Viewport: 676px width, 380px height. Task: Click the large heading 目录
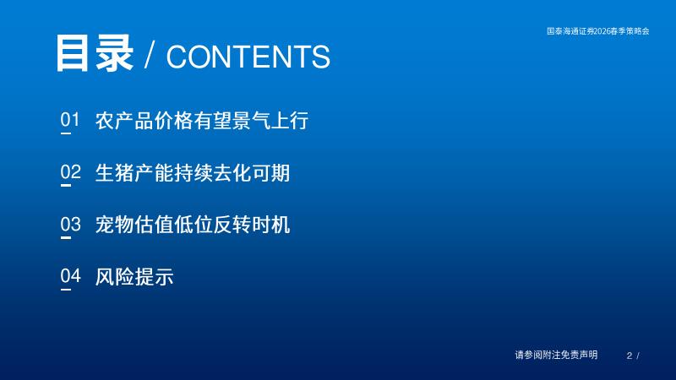click(x=95, y=53)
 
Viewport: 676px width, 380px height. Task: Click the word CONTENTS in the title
click(x=248, y=57)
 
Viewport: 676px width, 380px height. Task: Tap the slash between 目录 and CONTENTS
click(x=150, y=56)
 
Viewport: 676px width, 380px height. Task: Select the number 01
click(x=70, y=119)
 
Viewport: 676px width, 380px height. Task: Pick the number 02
click(x=70, y=172)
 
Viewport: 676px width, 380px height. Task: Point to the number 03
click(x=70, y=224)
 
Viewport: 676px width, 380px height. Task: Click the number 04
click(x=70, y=276)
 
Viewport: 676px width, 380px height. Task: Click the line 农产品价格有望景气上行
click(x=202, y=120)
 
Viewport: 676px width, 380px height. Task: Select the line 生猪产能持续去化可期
click(x=193, y=173)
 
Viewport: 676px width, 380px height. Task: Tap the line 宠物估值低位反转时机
click(x=193, y=225)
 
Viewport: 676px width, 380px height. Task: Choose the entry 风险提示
click(x=134, y=277)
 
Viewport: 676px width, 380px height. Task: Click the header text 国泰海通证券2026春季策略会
click(x=598, y=31)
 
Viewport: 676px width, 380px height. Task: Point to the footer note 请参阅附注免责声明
click(x=556, y=355)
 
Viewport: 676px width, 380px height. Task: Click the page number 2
click(x=630, y=356)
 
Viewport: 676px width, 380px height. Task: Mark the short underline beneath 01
click(x=66, y=133)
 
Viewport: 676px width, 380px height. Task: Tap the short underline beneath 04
click(x=66, y=290)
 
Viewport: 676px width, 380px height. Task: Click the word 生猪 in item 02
click(x=114, y=173)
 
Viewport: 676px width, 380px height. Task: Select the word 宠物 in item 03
click(x=114, y=225)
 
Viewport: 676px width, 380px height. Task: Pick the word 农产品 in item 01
click(x=124, y=120)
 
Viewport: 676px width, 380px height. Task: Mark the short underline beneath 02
click(x=66, y=185)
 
